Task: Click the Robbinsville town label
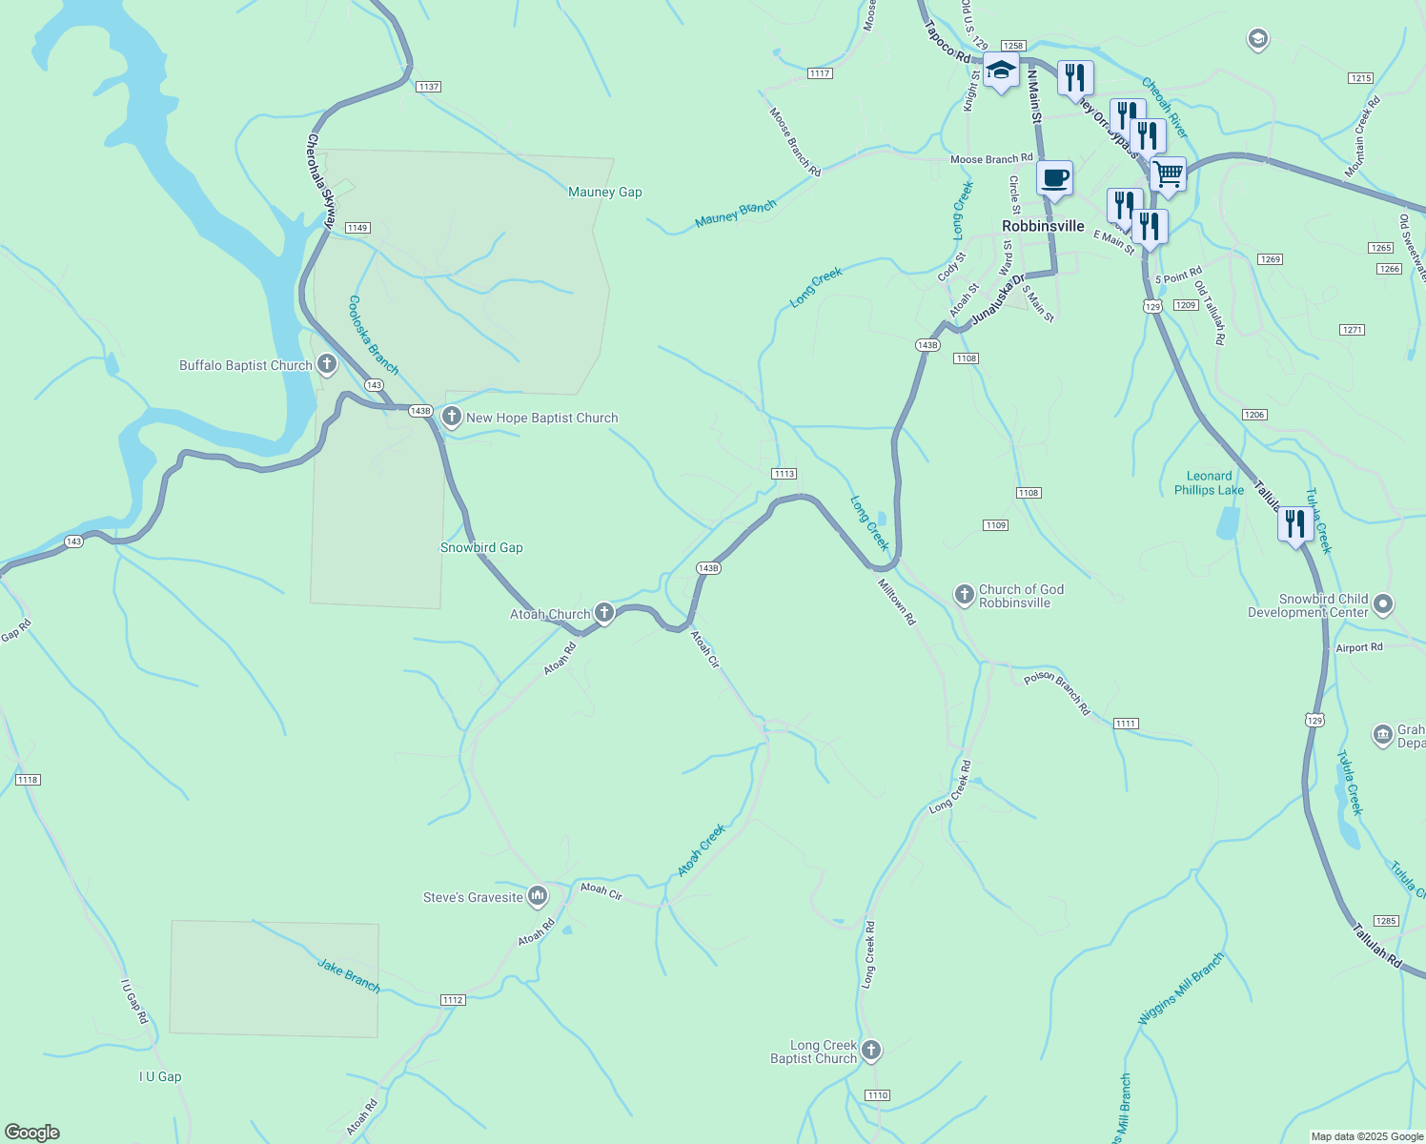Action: (x=1043, y=226)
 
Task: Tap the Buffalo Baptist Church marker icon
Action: (x=327, y=364)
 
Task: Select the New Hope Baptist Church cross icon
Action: (x=452, y=417)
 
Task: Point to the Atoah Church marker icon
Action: (x=604, y=613)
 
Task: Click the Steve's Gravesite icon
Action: (x=538, y=896)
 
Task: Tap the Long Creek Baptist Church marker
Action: (x=871, y=1051)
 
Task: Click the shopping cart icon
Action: (x=1168, y=175)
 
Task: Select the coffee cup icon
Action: (x=1054, y=178)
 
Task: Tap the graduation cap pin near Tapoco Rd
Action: (x=1001, y=71)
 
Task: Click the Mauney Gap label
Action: (x=604, y=192)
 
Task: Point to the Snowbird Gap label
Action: (x=481, y=547)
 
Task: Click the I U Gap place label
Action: (x=160, y=1076)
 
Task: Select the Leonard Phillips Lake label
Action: (x=1209, y=483)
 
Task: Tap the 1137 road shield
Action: (x=428, y=87)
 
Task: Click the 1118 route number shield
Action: (x=28, y=780)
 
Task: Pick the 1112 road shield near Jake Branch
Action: (x=453, y=1000)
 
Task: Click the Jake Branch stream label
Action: (x=349, y=976)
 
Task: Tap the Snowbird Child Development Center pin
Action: (x=1384, y=604)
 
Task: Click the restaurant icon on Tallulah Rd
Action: (x=1294, y=524)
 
